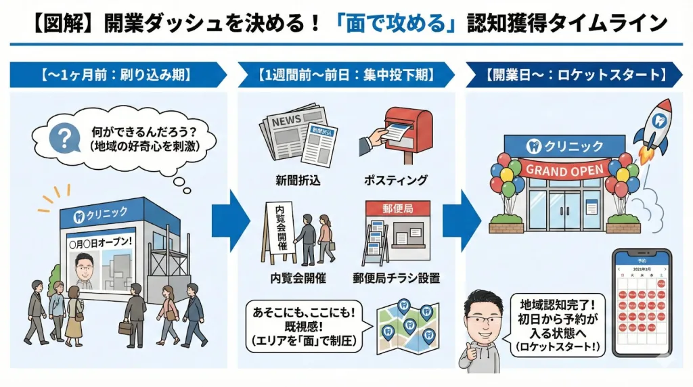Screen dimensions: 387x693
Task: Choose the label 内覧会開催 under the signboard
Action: [x=296, y=277]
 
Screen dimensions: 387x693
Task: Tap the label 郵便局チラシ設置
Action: [x=396, y=277]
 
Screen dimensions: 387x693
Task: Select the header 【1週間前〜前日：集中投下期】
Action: [x=345, y=74]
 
